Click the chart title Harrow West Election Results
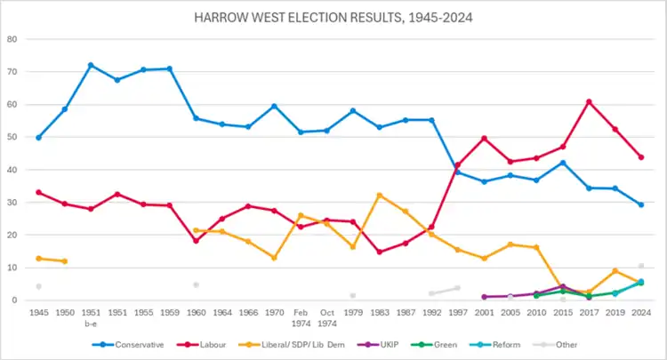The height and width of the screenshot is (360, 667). point(333,17)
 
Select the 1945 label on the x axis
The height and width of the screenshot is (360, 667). point(38,313)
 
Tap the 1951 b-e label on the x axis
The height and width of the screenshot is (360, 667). point(91,317)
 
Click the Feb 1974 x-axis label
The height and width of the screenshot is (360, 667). point(300,317)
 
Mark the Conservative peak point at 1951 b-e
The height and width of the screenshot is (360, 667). point(91,65)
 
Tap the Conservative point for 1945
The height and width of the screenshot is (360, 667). point(38,138)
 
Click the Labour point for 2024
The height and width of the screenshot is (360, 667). point(640,157)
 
